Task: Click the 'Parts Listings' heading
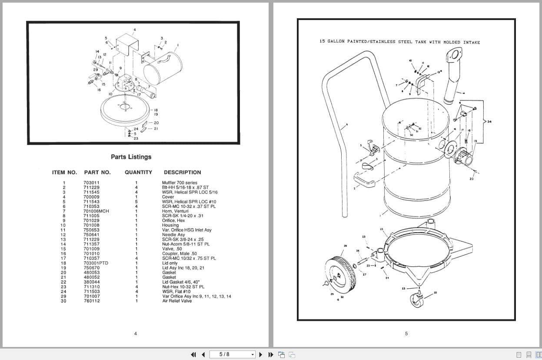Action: point(131,157)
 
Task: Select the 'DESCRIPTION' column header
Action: point(182,172)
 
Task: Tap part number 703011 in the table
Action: point(91,183)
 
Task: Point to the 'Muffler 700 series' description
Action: point(180,183)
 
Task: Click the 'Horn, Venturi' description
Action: point(175,211)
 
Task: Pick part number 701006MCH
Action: point(96,211)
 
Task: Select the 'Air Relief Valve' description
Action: point(177,301)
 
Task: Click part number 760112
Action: point(91,301)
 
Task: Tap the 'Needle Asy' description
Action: point(173,235)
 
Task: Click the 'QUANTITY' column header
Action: point(138,172)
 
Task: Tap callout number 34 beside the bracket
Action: point(489,121)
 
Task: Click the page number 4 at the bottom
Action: point(135,333)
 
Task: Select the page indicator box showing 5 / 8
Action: point(232,354)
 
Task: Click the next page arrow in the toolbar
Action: point(261,354)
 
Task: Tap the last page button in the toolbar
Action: point(270,354)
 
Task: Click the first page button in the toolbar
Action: point(193,354)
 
